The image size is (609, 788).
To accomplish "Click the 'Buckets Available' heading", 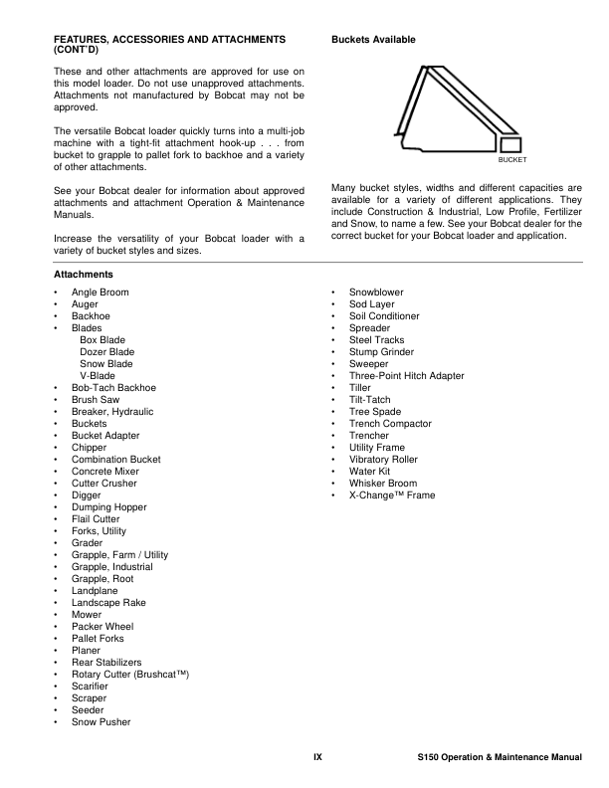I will tap(372, 40).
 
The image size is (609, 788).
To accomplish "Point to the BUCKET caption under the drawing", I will tap(511, 159).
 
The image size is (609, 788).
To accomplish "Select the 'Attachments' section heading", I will tap(83, 274).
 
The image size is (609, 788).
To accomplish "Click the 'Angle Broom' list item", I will tap(100, 293).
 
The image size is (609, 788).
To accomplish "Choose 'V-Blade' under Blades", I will tap(98, 376).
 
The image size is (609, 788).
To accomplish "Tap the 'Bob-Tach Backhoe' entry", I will tap(113, 388).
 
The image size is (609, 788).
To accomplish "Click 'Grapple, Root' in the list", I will tap(102, 579).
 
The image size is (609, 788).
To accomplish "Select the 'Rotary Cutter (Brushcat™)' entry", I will tap(130, 675).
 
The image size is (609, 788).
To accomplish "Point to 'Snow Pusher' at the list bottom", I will tap(101, 722).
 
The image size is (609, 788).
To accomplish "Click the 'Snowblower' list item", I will tap(376, 293).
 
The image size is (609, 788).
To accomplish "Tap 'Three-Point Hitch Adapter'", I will tap(406, 376).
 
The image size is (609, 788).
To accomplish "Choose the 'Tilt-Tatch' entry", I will tap(370, 400).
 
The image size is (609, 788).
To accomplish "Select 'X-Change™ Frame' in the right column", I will tap(392, 495).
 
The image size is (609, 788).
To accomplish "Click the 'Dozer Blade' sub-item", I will tap(107, 352).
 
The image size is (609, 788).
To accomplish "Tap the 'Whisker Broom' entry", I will tap(383, 484).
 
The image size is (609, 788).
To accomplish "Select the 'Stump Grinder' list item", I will tap(381, 352).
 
